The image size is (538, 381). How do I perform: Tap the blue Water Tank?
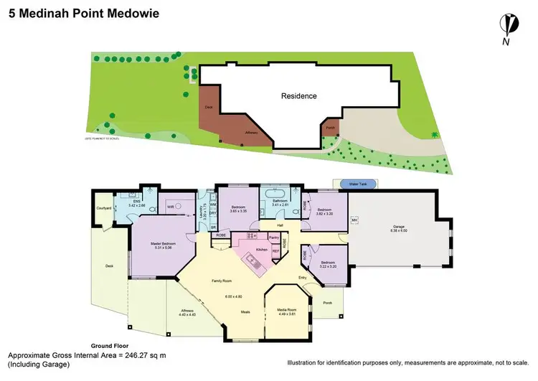358,184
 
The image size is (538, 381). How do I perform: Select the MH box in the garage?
353,219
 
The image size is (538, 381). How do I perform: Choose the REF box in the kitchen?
275,250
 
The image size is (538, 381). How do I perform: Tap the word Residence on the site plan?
298,95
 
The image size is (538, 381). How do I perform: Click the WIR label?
170,207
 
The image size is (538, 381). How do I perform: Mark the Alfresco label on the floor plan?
187,311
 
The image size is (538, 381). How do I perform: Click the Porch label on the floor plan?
328,301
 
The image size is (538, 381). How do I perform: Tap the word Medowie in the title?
133,13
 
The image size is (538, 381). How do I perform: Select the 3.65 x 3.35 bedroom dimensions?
238,210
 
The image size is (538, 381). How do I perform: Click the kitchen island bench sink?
253,263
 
